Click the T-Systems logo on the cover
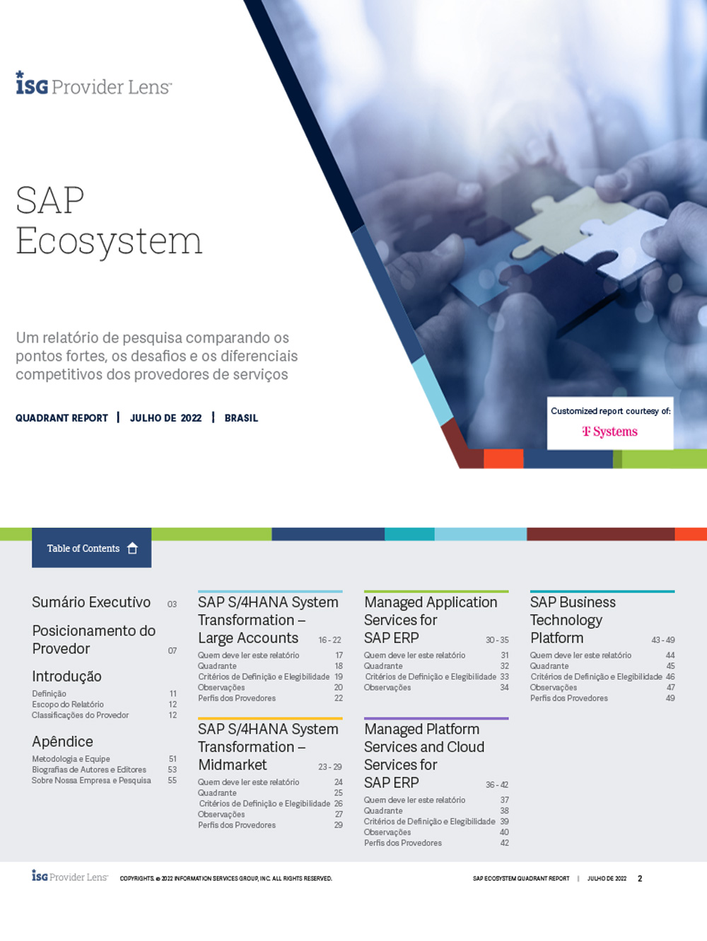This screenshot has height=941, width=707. (x=609, y=432)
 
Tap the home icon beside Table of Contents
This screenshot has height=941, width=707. (x=132, y=548)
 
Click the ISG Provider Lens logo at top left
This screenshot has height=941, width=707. (x=93, y=84)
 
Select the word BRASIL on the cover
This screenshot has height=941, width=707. (x=241, y=418)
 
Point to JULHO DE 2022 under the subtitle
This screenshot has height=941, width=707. (x=165, y=418)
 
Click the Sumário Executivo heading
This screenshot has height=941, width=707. (x=91, y=602)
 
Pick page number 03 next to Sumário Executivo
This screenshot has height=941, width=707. (x=172, y=604)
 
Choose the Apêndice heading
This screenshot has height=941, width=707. (x=62, y=741)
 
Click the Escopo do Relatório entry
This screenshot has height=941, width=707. (x=68, y=705)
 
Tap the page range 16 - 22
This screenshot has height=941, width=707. (x=329, y=640)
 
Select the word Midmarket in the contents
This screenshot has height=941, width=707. (x=233, y=765)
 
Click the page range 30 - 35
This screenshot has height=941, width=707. (x=497, y=640)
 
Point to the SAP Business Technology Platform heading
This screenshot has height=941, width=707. (x=572, y=620)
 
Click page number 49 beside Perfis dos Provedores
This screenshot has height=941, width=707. (x=670, y=698)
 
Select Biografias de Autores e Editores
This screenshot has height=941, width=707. (x=89, y=770)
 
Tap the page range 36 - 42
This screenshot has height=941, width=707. (x=497, y=785)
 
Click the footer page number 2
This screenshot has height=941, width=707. (x=640, y=879)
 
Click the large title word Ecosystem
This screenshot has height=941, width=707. (x=109, y=241)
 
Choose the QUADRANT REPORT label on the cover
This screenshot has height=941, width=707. (x=62, y=418)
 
